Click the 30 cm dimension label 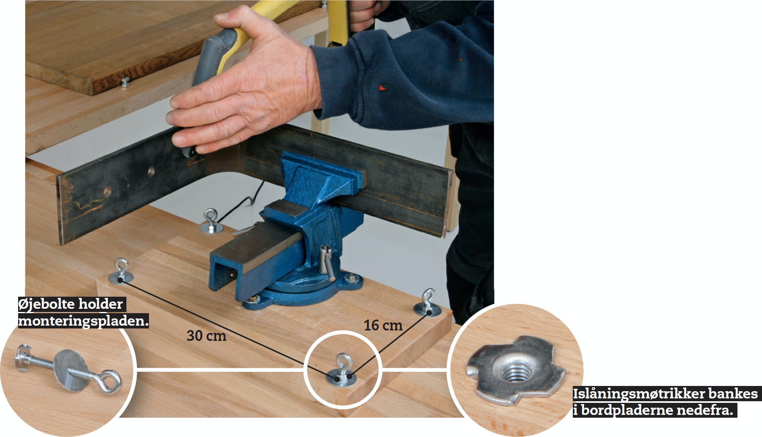coord(207,335)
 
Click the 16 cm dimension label coord(383,325)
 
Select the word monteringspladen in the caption coord(83,321)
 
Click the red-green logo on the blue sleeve coord(382,87)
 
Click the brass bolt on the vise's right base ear coord(352,277)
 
